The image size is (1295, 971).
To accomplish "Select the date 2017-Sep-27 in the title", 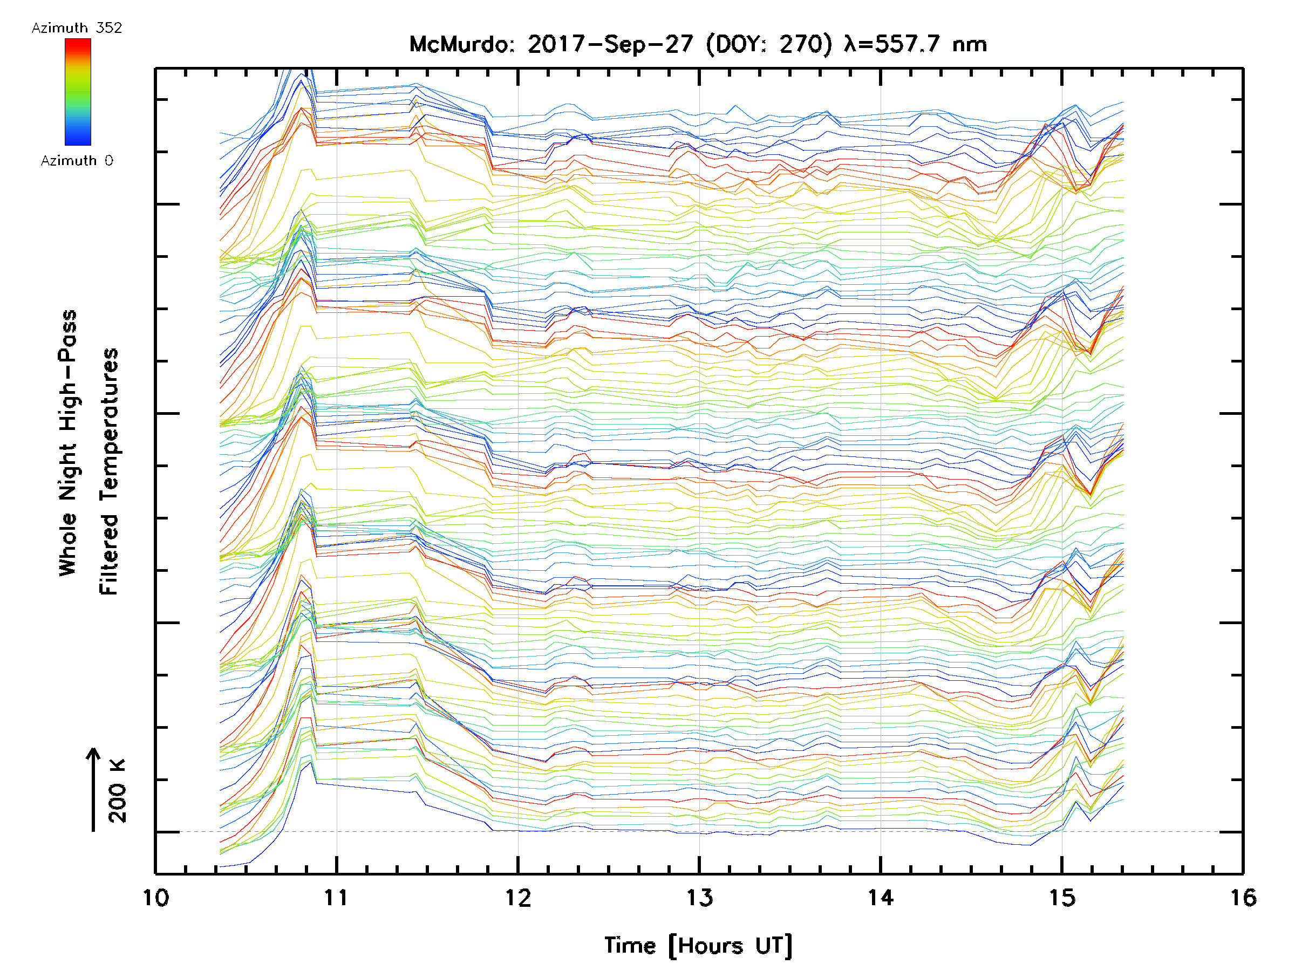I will [610, 44].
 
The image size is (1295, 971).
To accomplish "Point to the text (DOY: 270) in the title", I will [768, 44].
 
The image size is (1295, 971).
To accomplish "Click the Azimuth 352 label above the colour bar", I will [77, 28].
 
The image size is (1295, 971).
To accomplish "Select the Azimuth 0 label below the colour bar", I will [77, 160].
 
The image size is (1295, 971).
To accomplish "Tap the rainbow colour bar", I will [78, 92].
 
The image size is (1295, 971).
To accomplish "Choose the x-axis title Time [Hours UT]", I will [698, 946].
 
